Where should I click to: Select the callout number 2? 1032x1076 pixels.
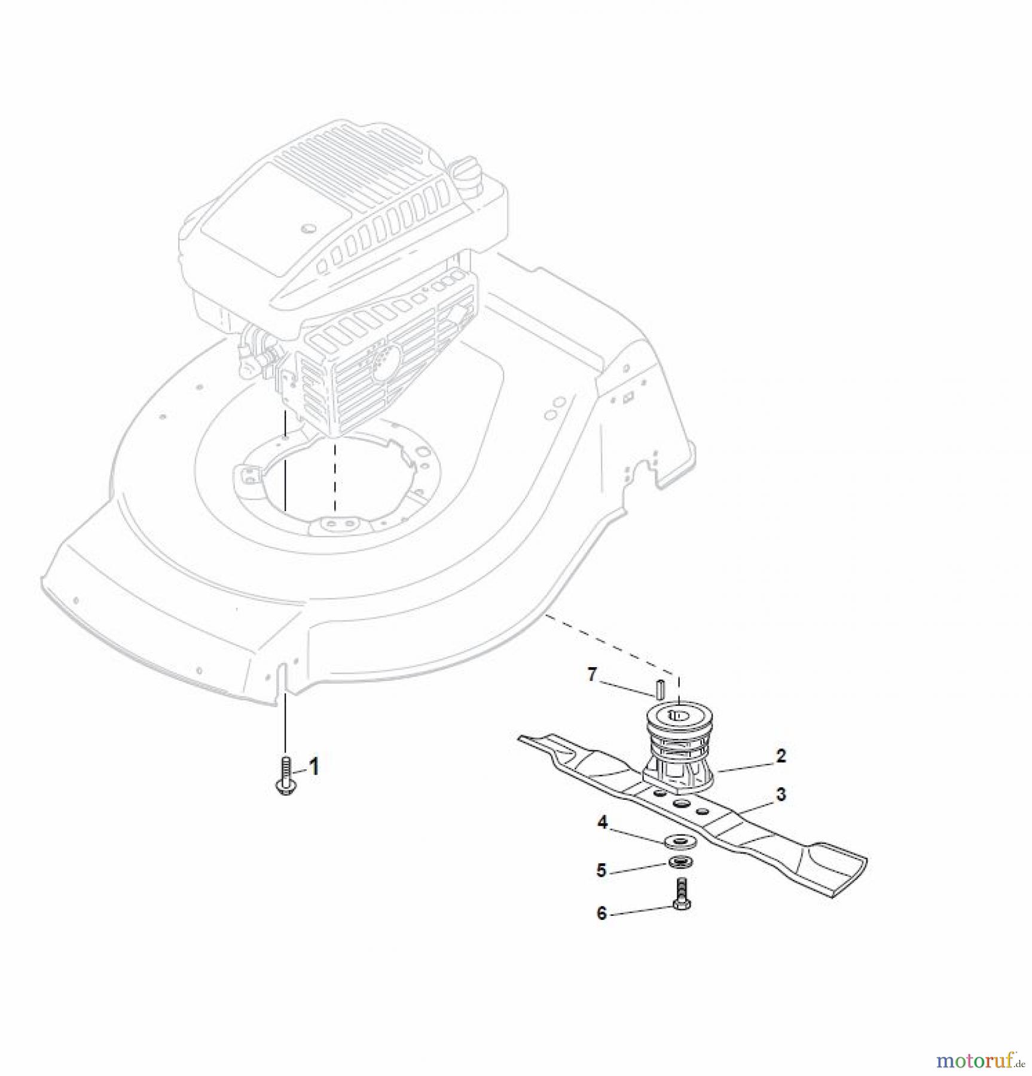(x=780, y=756)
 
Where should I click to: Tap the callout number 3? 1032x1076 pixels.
(x=781, y=794)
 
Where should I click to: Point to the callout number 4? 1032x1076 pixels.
(x=602, y=823)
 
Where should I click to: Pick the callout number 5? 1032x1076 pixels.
(x=602, y=870)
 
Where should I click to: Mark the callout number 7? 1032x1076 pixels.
(x=592, y=675)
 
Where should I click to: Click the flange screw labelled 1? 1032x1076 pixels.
(x=286, y=777)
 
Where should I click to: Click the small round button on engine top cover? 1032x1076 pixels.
(x=309, y=229)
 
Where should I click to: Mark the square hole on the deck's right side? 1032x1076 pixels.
(x=628, y=396)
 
